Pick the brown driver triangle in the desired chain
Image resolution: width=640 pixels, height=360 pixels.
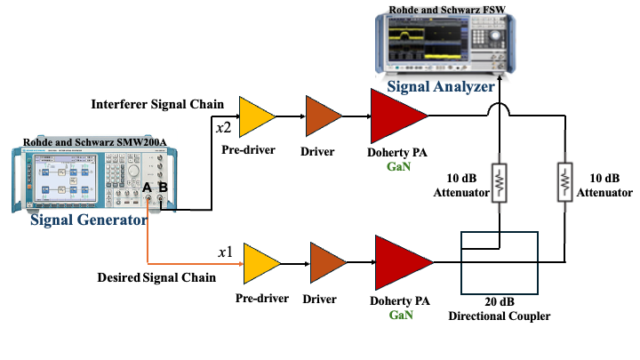tap(325, 263)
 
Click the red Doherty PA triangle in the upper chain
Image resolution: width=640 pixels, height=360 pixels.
tap(396, 115)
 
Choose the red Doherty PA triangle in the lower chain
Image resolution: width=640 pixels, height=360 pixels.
tap(402, 262)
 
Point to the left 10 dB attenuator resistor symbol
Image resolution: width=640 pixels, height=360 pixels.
tap(500, 182)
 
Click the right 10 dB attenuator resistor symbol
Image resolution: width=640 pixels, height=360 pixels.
tap(565, 182)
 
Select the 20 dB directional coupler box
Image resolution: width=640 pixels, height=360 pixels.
tap(500, 263)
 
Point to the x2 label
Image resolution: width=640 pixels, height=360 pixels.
tap(224, 128)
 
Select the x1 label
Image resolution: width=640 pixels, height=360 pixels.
tap(226, 252)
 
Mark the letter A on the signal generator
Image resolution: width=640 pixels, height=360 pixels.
tap(148, 188)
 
